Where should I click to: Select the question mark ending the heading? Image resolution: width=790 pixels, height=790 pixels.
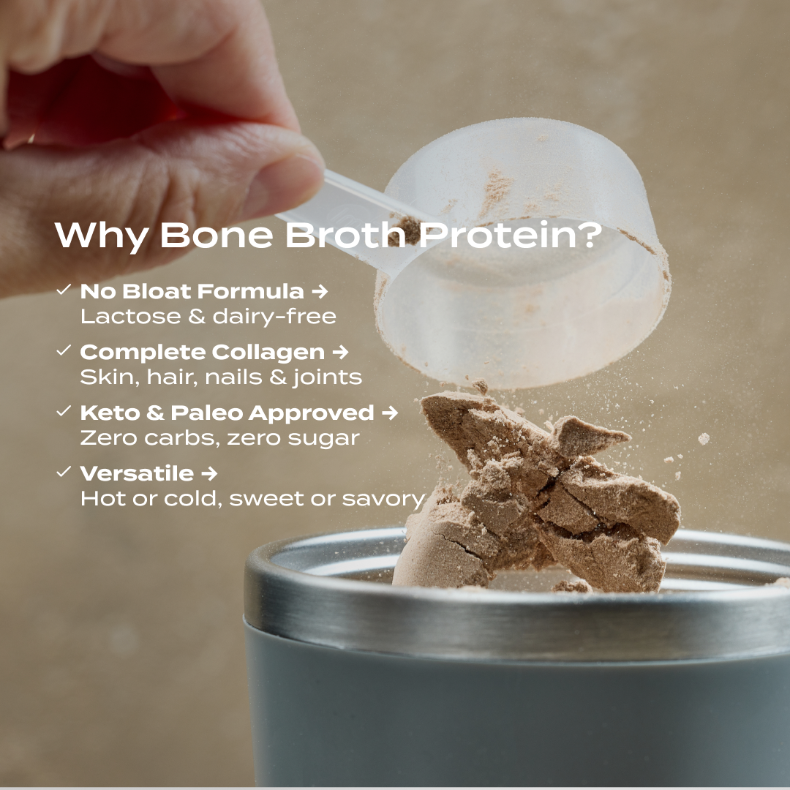coord(587,235)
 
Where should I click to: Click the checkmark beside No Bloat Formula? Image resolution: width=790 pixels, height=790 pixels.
coord(64,290)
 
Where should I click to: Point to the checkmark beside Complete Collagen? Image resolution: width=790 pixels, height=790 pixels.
coord(64,351)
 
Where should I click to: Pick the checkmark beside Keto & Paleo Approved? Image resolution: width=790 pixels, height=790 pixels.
coord(64,412)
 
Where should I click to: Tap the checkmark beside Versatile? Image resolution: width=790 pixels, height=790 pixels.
coord(64,473)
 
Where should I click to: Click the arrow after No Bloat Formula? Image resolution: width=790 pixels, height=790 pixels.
coord(319,292)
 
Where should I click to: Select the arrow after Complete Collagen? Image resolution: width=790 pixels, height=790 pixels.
coord(340,353)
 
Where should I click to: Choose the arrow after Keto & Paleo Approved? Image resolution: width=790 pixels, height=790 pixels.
coord(390,413)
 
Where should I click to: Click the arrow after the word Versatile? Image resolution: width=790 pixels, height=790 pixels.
coord(209,474)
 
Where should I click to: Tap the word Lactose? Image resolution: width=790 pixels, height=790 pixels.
coord(119,317)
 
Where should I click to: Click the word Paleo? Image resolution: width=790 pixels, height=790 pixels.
coord(206,413)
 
